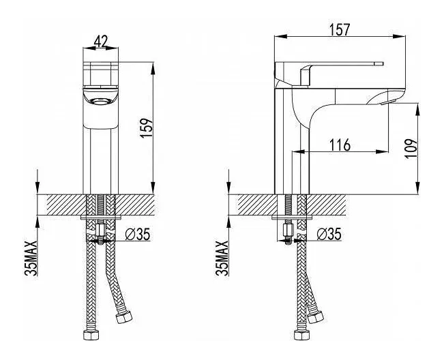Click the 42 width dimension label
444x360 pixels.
(100, 42)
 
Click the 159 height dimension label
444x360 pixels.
(147, 128)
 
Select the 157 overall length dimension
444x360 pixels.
(340, 29)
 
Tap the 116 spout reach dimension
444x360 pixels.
(340, 145)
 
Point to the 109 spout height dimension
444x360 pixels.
(412, 148)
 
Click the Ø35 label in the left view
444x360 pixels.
(137, 235)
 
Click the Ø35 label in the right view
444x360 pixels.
(329, 235)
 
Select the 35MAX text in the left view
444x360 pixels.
(31, 258)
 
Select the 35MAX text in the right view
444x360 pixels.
(222, 258)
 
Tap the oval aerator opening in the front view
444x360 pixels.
(100, 101)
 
